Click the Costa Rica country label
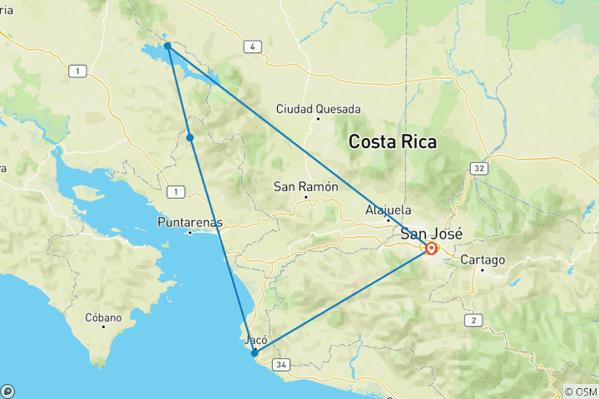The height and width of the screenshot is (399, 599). click(392, 141)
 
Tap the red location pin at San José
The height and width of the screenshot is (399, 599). click(432, 248)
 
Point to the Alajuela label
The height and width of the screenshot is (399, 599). click(388, 210)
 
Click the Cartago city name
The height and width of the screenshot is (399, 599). click(483, 260)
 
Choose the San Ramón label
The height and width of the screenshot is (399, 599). click(306, 187)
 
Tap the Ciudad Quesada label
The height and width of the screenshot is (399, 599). click(319, 109)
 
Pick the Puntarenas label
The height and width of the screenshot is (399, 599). click(190, 223)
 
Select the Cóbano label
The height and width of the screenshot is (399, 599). click(103, 318)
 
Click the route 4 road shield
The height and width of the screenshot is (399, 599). click(250, 47)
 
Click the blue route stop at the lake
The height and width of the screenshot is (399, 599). click(168, 46)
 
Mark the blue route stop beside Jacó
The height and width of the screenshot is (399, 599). click(255, 352)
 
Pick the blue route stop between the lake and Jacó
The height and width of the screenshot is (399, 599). click(191, 137)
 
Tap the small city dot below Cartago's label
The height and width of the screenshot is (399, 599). click(483, 270)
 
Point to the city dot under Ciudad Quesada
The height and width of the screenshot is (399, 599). click(318, 119)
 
